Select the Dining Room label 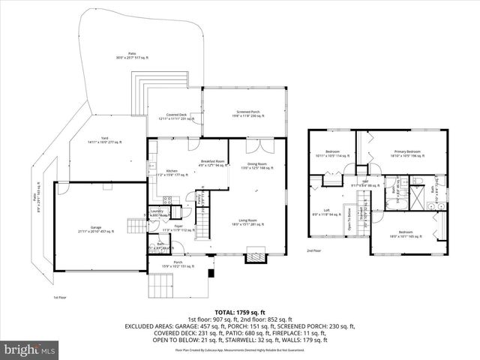(257, 166)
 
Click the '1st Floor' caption (61, 297)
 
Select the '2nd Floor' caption (313, 250)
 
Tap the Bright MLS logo (28, 349)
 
